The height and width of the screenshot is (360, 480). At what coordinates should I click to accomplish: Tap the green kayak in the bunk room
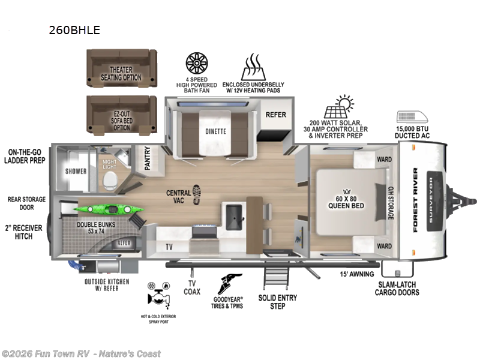point(109,209)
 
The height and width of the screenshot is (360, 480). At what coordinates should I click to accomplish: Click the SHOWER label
point(76,172)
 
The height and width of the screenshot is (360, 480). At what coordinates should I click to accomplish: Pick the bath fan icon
point(196,63)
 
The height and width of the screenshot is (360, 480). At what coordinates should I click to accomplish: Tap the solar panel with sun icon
point(338,107)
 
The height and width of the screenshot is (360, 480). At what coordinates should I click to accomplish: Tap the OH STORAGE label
point(390,202)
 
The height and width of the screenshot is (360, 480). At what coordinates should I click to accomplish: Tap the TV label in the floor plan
point(168,247)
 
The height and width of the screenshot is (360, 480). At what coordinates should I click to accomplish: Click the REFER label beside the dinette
point(276,115)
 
